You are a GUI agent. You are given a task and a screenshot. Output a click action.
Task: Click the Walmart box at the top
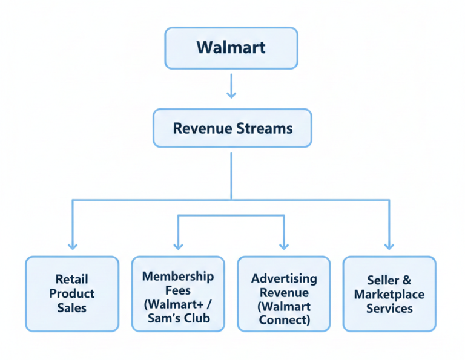pyautogui.click(x=231, y=47)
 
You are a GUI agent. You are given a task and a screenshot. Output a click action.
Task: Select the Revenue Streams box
pyautogui.click(x=232, y=128)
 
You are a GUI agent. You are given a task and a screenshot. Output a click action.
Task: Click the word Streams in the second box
pyautogui.click(x=264, y=128)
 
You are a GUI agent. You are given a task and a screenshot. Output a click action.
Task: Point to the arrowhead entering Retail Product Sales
pyautogui.click(x=73, y=245)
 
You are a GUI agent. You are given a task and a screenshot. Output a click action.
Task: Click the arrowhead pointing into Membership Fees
pyautogui.click(x=178, y=245)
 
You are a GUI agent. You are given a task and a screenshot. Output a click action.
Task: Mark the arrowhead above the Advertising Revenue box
pyautogui.click(x=284, y=245)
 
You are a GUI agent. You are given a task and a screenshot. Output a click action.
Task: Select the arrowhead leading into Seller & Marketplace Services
pyautogui.click(x=389, y=245)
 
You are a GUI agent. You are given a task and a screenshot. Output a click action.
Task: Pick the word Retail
pyautogui.click(x=71, y=279)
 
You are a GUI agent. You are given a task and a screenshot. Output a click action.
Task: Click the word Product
pyautogui.click(x=72, y=293)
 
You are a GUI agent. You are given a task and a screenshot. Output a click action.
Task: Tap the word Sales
pyautogui.click(x=72, y=308)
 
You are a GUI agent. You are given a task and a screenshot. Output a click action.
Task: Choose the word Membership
pyautogui.click(x=178, y=277)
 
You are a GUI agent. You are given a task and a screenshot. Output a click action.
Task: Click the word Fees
pyautogui.click(x=178, y=291)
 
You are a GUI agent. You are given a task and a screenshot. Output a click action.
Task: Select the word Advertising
pyautogui.click(x=284, y=278)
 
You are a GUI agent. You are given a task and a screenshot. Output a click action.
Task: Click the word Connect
pyautogui.click(x=284, y=321)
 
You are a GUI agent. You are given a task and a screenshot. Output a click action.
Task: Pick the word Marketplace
pyautogui.click(x=389, y=294)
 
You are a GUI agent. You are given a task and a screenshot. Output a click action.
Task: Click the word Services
pyautogui.click(x=389, y=309)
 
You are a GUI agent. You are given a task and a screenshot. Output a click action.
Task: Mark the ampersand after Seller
pyautogui.click(x=406, y=280)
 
